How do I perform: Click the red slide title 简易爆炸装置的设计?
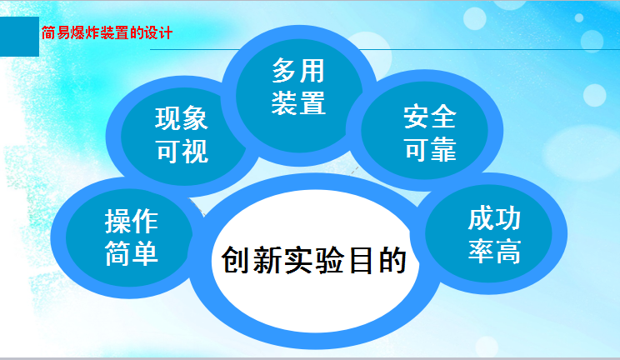[x=107, y=32]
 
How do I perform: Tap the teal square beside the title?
[x=19, y=37]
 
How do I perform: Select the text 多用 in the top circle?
[x=298, y=71]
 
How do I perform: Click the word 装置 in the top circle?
[x=298, y=102]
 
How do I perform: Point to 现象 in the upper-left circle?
[x=182, y=118]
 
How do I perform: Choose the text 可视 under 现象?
[x=182, y=151]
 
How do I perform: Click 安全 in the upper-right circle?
[x=430, y=117]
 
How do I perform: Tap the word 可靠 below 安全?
[x=430, y=149]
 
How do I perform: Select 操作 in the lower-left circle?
[x=132, y=221]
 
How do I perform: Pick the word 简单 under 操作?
[x=132, y=253]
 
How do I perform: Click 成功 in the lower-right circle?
[x=494, y=218]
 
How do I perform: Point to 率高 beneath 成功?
[x=494, y=251]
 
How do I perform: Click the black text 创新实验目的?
[x=314, y=260]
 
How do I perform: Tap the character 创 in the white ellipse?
[x=236, y=260]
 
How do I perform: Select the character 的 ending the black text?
[x=392, y=260]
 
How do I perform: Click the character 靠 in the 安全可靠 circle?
[x=443, y=149]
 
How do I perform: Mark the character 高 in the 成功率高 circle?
[x=508, y=251]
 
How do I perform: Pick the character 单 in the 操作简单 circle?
[x=145, y=253]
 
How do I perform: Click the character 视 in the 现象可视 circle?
[x=195, y=151]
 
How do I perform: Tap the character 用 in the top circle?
[x=312, y=71]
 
